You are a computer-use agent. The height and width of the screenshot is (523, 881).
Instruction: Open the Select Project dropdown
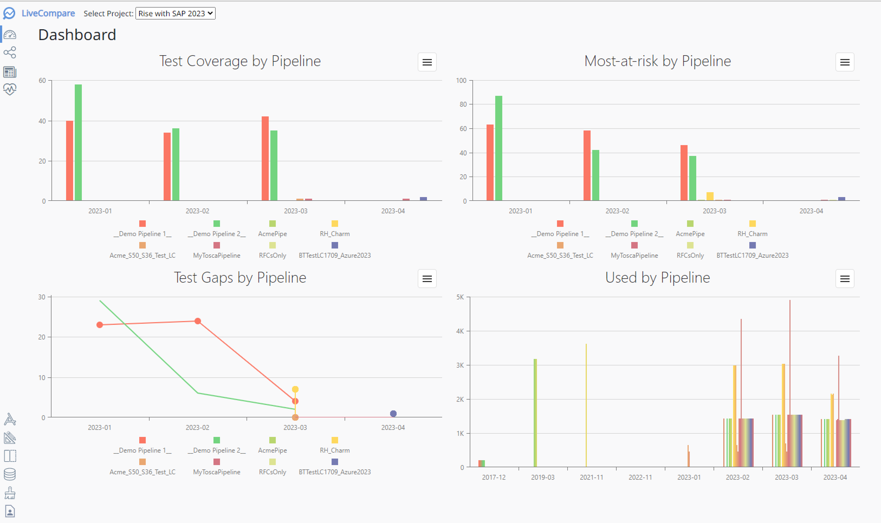click(x=175, y=13)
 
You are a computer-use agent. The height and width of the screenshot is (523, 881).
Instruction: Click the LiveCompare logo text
click(x=48, y=13)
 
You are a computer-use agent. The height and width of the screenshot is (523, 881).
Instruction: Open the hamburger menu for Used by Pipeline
click(x=844, y=279)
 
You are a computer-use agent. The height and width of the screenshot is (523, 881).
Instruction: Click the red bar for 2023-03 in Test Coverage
click(x=265, y=159)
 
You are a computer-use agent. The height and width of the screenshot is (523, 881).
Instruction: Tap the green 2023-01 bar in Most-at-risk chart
click(x=498, y=148)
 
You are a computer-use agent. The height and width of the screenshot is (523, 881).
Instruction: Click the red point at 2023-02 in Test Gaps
click(x=197, y=321)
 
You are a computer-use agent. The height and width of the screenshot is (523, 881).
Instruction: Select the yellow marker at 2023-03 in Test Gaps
click(x=295, y=389)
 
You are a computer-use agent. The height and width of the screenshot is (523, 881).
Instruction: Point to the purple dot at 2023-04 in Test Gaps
click(x=393, y=413)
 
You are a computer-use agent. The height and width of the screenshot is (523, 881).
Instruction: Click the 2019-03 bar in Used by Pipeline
click(x=535, y=412)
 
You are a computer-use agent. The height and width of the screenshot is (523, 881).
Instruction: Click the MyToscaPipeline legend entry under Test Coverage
click(x=216, y=255)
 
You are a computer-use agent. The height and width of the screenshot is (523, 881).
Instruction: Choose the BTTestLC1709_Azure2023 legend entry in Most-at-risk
click(x=752, y=255)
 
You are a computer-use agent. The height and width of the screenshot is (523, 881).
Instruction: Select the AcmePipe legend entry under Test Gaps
click(x=272, y=450)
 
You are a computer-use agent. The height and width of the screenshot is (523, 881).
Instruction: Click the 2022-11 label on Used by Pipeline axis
click(x=640, y=477)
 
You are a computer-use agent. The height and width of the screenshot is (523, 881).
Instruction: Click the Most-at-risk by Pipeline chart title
click(x=657, y=61)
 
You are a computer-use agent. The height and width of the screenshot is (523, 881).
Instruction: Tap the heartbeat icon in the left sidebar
click(x=10, y=89)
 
